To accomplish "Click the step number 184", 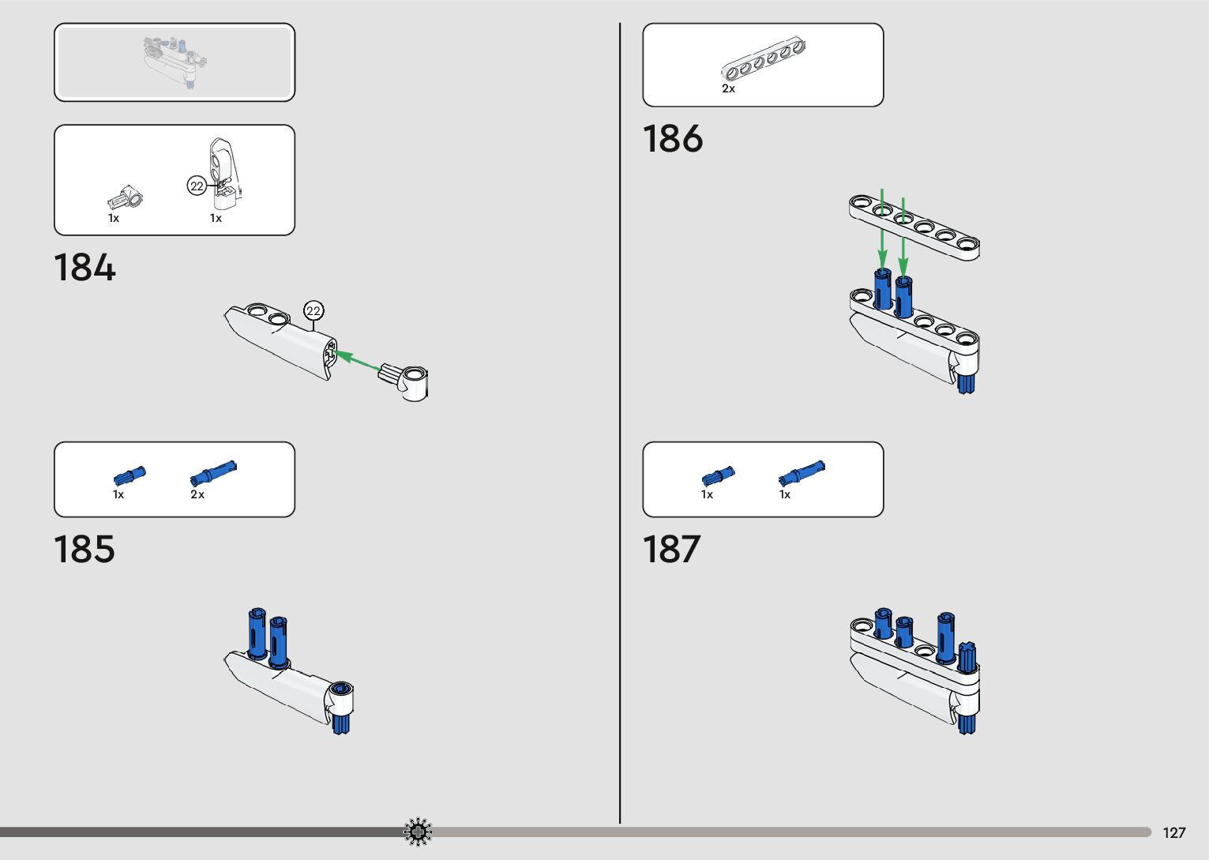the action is coord(84,268).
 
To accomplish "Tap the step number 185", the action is coord(84,550).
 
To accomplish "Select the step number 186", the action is coord(673,139).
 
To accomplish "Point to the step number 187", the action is coord(671,550).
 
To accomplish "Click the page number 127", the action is coord(1174,833).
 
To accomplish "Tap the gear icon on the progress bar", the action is coord(418,832).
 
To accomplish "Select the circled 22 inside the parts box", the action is coord(197,186).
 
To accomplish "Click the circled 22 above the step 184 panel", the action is coord(314,311).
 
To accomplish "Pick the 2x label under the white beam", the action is coord(728,89).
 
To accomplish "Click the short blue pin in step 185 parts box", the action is coord(130,476).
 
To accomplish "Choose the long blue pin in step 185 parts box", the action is coord(213,472).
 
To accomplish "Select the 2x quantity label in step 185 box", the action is coord(197,495).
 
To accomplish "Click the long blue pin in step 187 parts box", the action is coord(802,472).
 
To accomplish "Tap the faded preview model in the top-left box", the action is coord(175,62).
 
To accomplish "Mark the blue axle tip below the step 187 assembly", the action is coord(967,723).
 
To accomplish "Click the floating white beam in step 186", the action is coord(914,226).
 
